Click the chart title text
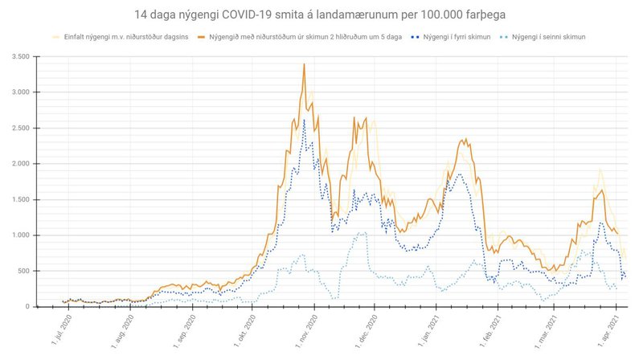321,15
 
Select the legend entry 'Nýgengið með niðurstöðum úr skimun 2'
301,37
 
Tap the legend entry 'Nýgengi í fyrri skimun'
448,37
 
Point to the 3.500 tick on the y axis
18,56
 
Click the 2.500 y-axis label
18,128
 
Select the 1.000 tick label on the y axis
18,235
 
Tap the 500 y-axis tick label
23,271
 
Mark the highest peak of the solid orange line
304,64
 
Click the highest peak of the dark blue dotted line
304,121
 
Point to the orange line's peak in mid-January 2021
465,139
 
